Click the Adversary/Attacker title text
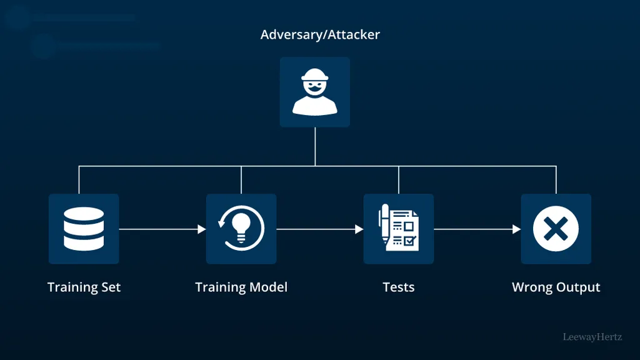(x=320, y=34)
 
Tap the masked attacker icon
(x=314, y=92)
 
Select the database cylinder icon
(x=84, y=229)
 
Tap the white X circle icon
(x=556, y=229)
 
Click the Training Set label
(x=84, y=287)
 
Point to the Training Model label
(x=241, y=287)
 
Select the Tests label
(x=398, y=287)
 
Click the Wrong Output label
(x=556, y=287)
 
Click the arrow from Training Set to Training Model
(x=162, y=229)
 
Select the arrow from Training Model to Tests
(x=319, y=229)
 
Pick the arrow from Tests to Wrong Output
(x=477, y=229)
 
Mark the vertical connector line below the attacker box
(x=315, y=146)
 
